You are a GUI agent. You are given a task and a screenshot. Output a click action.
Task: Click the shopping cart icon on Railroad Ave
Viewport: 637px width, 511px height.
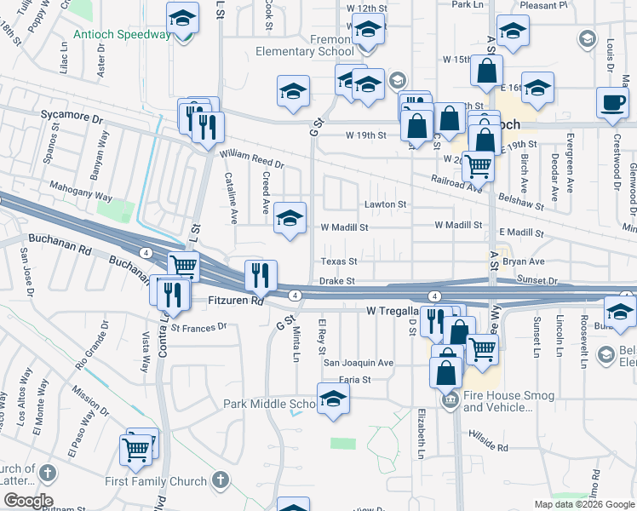[478, 165]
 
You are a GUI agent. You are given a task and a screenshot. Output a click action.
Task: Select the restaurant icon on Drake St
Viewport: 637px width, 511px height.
[261, 275]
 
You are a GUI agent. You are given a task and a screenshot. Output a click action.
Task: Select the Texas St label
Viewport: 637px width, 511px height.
[338, 261]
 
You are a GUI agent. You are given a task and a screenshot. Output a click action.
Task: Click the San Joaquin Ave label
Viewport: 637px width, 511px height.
[358, 362]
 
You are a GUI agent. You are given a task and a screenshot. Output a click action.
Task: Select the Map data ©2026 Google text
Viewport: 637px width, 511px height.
[583, 504]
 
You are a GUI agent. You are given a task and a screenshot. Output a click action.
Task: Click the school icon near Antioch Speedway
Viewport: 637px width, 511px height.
[182, 19]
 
